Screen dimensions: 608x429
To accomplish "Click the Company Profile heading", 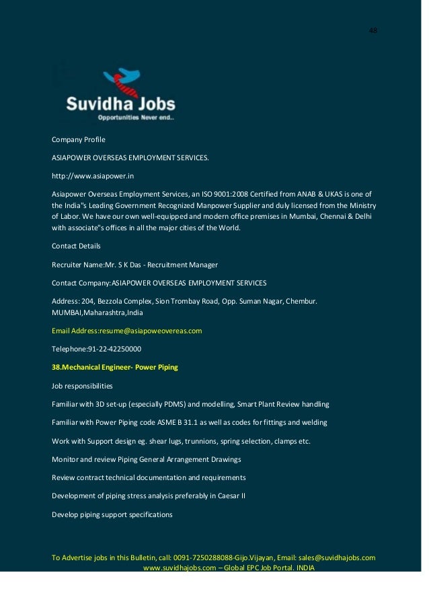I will pyautogui.click(x=79, y=139).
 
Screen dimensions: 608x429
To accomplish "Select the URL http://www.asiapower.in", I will pyautogui.click(x=93, y=176).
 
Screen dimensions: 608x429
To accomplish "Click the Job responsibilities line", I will pyautogui.click(x=83, y=386).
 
